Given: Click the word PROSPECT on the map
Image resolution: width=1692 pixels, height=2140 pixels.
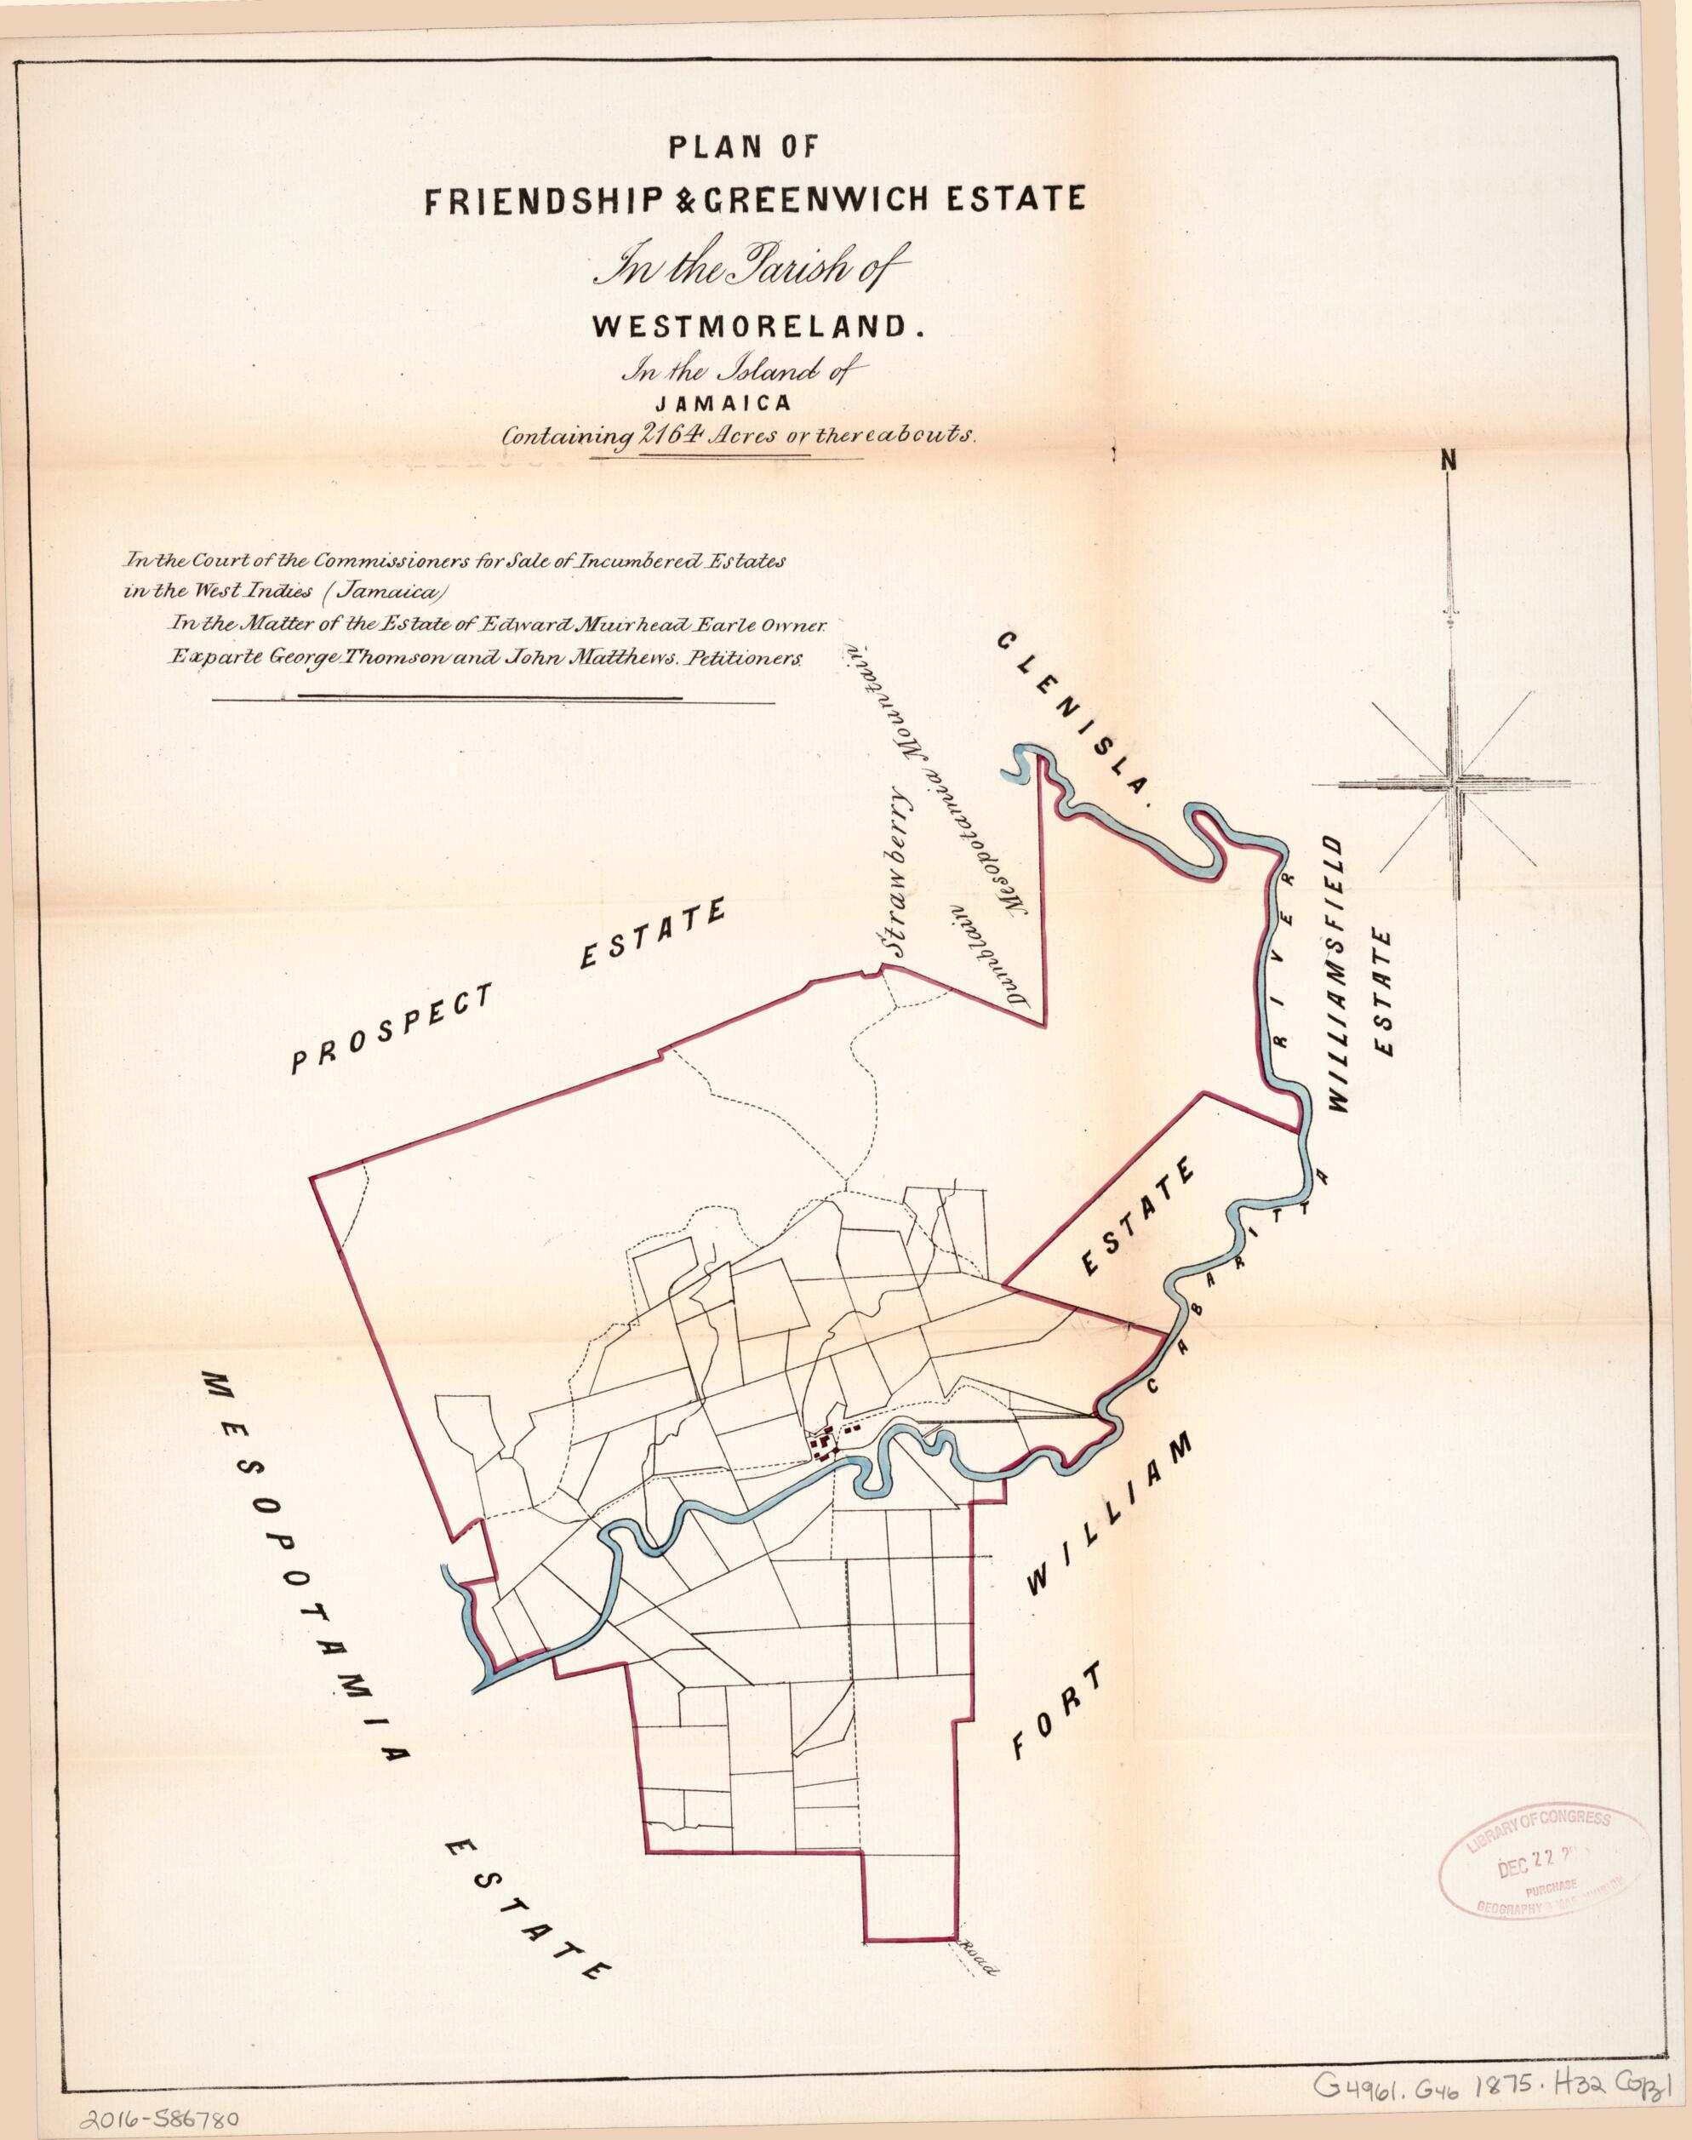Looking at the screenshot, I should (391, 1029).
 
